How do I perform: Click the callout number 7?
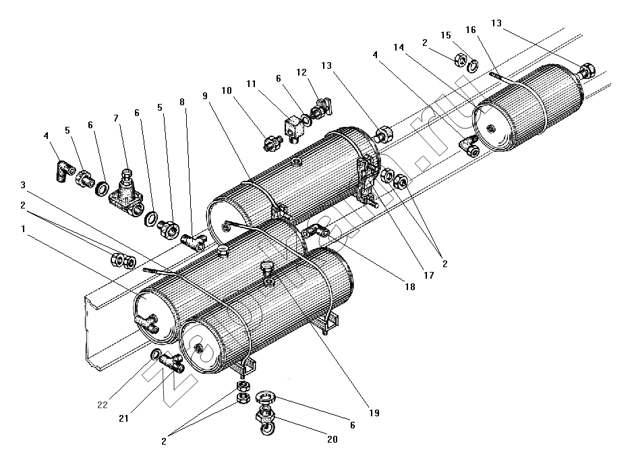[x=116, y=118]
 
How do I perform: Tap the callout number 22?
[x=103, y=404]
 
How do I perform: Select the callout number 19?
[x=374, y=413]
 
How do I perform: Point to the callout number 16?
[x=471, y=30]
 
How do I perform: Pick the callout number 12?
[x=301, y=72]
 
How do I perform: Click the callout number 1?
[x=24, y=229]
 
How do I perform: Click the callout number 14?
[x=399, y=48]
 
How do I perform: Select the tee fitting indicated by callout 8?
[x=194, y=242]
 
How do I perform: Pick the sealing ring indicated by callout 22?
[x=156, y=355]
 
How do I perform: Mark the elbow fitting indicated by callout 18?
[x=315, y=233]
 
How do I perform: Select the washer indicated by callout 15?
[x=473, y=65]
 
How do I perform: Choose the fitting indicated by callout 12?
[x=321, y=107]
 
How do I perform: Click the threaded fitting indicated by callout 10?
[x=272, y=143]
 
